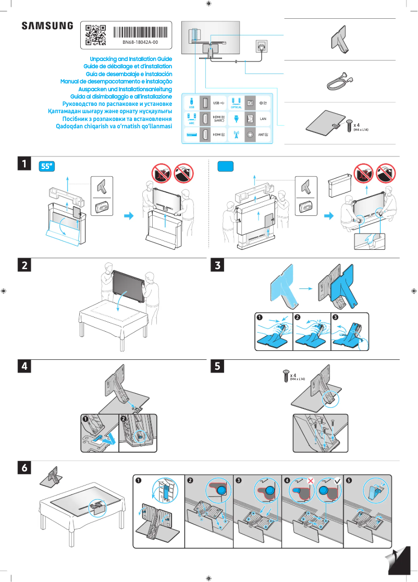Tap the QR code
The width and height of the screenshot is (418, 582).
tap(95, 35)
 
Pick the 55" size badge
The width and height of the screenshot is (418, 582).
tap(47, 166)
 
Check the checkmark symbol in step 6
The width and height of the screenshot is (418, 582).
tap(337, 479)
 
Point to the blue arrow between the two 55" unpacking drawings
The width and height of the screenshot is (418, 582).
tap(127, 215)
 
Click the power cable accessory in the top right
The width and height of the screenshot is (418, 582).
tap(340, 81)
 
